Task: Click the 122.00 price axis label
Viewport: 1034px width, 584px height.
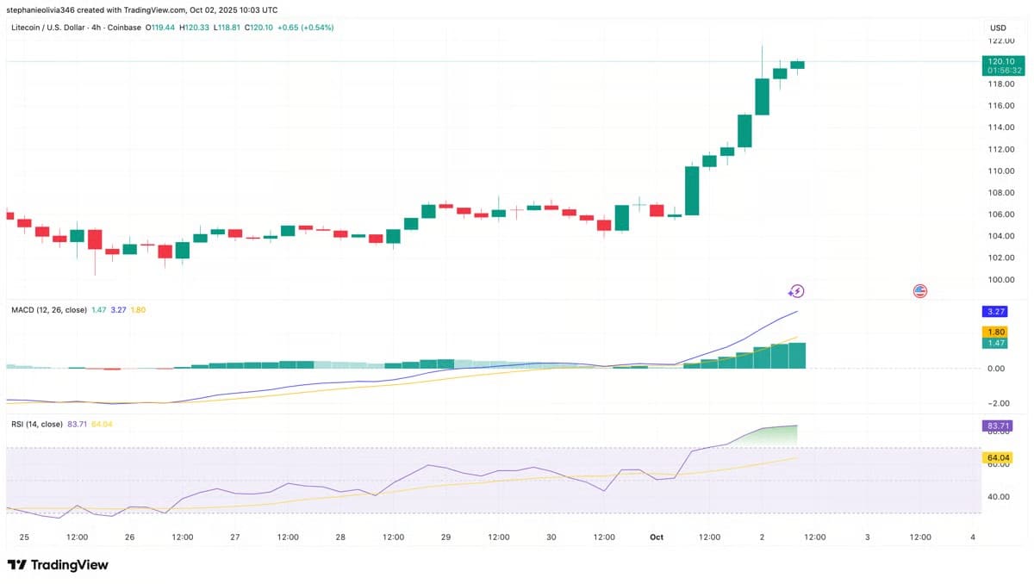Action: click(1000, 40)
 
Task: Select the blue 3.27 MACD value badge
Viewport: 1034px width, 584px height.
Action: click(994, 312)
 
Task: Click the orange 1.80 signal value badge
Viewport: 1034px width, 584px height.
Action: click(994, 332)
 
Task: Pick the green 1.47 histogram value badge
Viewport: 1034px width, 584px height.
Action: click(994, 343)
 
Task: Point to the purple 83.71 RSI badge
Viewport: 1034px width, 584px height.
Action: click(996, 426)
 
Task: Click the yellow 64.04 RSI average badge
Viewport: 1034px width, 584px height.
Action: click(996, 457)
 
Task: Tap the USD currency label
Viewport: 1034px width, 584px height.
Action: click(998, 28)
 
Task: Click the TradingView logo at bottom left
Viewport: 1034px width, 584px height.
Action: click(58, 565)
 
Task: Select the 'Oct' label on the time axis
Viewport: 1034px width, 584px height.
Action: click(657, 537)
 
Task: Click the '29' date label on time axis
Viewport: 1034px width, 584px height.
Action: click(445, 537)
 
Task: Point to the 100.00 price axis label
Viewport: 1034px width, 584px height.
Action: click(1000, 280)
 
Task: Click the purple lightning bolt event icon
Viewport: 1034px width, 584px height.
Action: click(796, 291)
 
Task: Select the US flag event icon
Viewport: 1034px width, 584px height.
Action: click(919, 291)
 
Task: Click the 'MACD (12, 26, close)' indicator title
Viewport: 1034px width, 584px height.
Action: click(48, 309)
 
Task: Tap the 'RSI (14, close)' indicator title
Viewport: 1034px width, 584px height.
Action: click(36, 424)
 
